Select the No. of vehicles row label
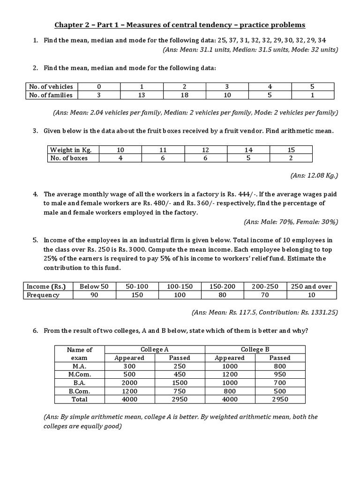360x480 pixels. [x=51, y=86]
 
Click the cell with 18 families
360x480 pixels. [x=184, y=95]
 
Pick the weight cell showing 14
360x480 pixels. [x=248, y=150]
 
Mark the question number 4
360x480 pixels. [x=35, y=194]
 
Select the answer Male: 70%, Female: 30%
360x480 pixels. [x=291, y=222]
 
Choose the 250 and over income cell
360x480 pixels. [x=311, y=286]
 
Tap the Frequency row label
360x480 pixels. [x=43, y=295]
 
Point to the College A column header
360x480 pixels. [x=155, y=349]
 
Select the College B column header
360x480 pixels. [x=255, y=349]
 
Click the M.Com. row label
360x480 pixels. [x=80, y=374]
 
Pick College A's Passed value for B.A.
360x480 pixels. [x=180, y=382]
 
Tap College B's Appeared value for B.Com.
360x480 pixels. [x=230, y=391]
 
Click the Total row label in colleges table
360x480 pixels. [x=80, y=399]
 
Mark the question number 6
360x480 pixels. [x=35, y=330]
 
